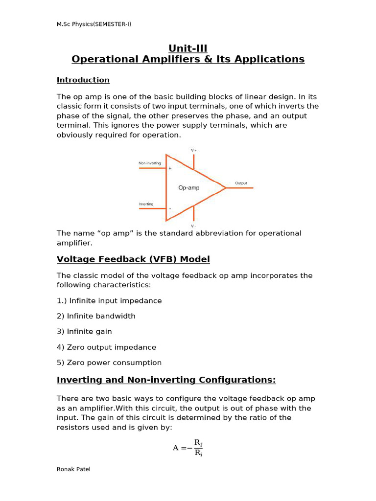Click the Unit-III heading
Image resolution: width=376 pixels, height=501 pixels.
(188, 48)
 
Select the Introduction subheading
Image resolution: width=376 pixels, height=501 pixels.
(83, 80)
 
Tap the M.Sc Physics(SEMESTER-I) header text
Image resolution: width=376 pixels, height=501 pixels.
(94, 24)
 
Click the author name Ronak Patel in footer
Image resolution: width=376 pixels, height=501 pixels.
(73, 469)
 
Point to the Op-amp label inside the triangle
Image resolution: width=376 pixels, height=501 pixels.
(188, 188)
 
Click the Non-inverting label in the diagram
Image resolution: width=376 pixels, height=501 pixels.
(150, 163)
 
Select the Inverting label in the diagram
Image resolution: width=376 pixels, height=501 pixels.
(146, 204)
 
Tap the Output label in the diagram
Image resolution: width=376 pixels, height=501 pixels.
(241, 183)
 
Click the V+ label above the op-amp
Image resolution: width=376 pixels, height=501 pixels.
(193, 150)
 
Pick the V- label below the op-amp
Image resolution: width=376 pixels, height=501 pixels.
(193, 226)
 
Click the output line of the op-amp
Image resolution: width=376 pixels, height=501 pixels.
(240, 187)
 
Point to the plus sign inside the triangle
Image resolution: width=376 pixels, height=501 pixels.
(170, 168)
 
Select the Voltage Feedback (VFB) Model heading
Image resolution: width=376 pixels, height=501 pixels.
(133, 259)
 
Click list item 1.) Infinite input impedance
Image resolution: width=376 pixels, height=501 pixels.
(109, 300)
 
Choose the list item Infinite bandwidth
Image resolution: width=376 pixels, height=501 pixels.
(96, 316)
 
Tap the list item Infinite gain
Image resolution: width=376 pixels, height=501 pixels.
(84, 331)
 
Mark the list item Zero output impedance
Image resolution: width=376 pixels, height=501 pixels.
(106, 347)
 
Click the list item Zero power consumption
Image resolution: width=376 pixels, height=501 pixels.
(109, 363)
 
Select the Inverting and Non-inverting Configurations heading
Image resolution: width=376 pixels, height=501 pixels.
(166, 380)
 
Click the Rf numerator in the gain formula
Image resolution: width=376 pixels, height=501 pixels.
(198, 443)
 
